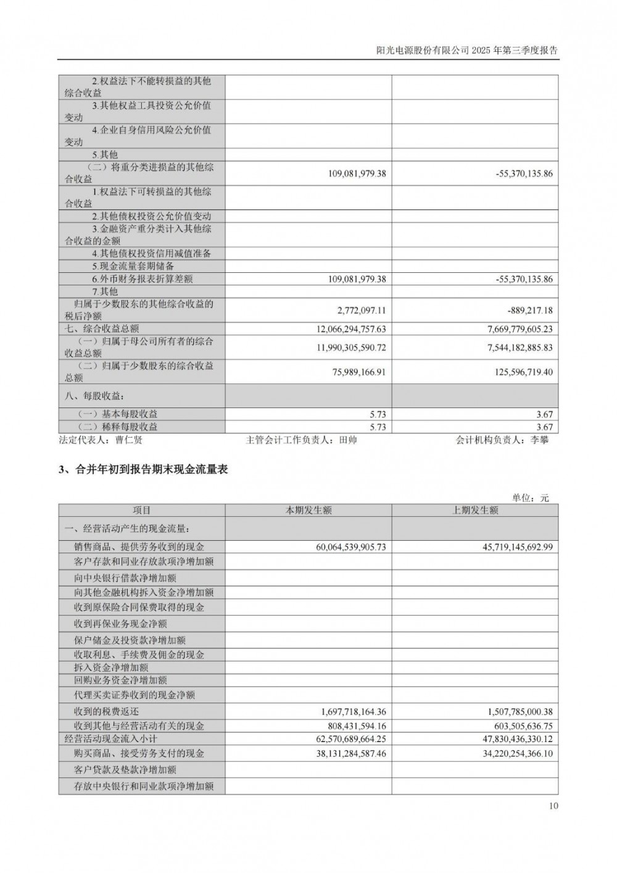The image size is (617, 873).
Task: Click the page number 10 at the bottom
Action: tap(553, 805)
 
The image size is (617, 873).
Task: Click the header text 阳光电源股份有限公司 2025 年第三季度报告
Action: tap(466, 51)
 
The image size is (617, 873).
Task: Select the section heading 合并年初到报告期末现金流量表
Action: tap(151, 469)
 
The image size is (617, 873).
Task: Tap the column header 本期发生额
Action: tap(308, 511)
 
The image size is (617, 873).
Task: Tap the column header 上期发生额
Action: tap(474, 511)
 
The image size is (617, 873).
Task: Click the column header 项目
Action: tap(142, 511)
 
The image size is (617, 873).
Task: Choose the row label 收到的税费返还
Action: tap(106, 712)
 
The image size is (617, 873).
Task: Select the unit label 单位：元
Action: tap(530, 498)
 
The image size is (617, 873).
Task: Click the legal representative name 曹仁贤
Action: tap(128, 440)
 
